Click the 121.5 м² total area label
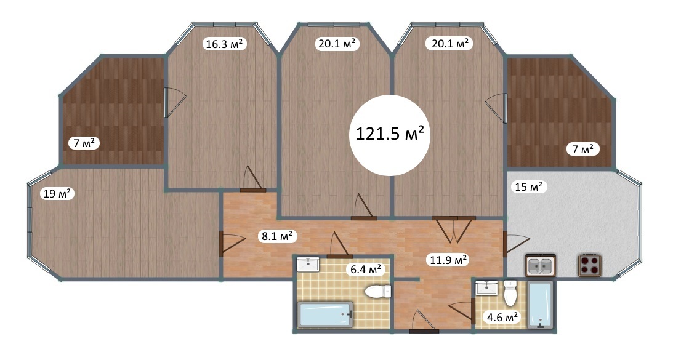pos(390,134)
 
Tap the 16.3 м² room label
pos(225,44)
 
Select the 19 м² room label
pos(57,193)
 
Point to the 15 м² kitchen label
pos(528,187)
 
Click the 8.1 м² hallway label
pos(278,236)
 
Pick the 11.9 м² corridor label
pos(447,260)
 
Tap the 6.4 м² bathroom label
pos(366,270)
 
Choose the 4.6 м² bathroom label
pos(501,318)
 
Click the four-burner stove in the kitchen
pos(590,265)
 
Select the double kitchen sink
pos(541,265)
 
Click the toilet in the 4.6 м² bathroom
pos(510,293)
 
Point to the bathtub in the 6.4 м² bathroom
pos(325,314)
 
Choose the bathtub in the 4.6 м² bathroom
pos(541,305)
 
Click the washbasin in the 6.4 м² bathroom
pos(308,265)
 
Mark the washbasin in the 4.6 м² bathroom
pos(486,287)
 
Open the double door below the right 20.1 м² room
pos(454,230)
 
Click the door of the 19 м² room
pos(232,244)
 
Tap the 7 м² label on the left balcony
pos(84,143)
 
